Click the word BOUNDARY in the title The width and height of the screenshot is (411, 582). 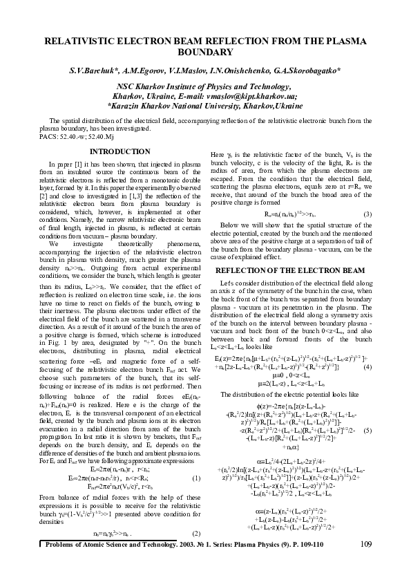pyautogui.click(x=205, y=53)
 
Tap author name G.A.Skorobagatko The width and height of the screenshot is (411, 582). pyautogui.click(x=305, y=71)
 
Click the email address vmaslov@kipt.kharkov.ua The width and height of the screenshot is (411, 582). pyautogui.click(x=255, y=97)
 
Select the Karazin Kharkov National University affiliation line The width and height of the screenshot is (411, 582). pyautogui.click(x=205, y=107)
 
